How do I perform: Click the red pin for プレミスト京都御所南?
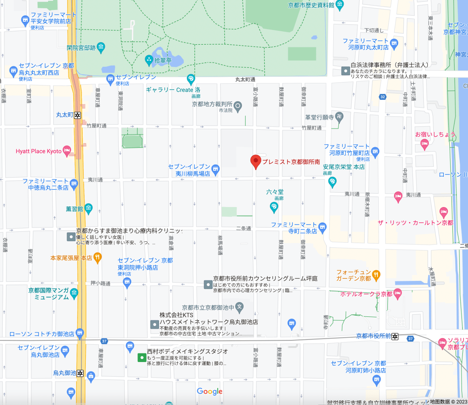(256, 161)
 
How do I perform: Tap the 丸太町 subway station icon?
(78, 115)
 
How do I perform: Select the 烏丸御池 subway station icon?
(81, 373)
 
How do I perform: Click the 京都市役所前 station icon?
(395, 336)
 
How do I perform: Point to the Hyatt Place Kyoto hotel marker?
(67, 151)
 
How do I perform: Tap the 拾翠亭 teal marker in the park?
(149, 59)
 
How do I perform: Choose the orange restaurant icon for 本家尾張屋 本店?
(97, 257)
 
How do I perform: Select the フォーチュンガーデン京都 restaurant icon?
(377, 275)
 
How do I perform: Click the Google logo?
(210, 392)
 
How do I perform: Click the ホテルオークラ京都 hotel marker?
(398, 294)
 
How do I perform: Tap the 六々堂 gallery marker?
(274, 208)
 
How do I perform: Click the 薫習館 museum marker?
(88, 209)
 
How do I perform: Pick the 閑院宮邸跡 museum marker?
(101, 46)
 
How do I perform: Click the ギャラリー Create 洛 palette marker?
(190, 79)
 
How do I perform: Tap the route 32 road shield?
(382, 96)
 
